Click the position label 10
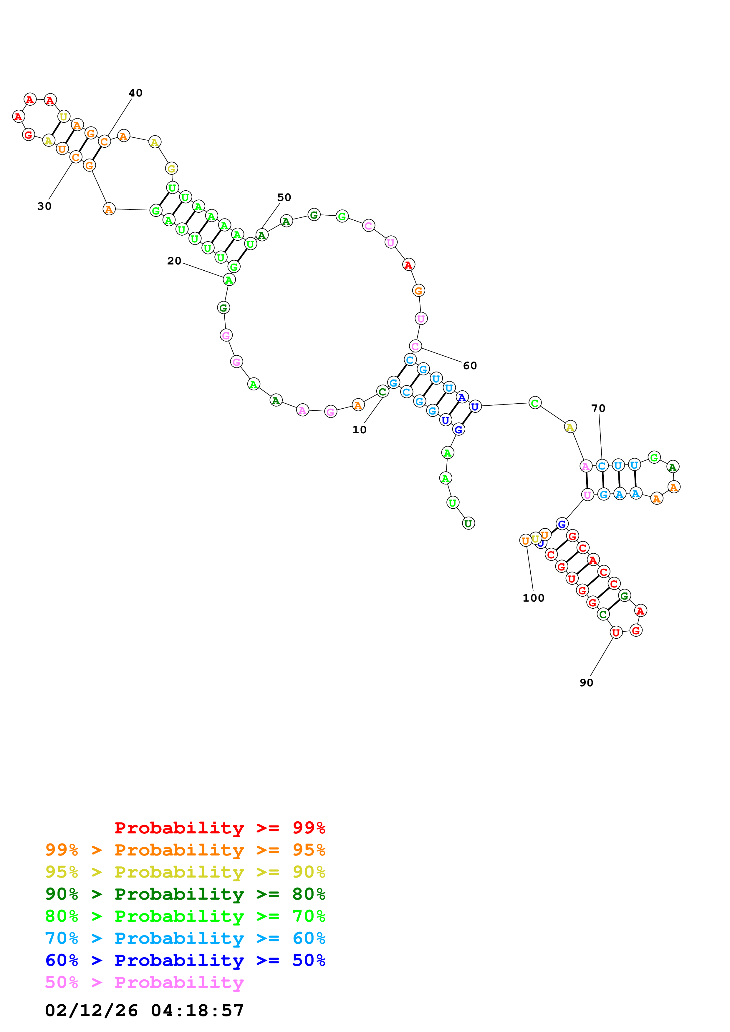coord(359,430)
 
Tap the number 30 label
coord(44,206)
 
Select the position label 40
coord(135,93)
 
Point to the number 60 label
coord(470,366)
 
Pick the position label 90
coord(586,683)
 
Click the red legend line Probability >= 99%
coord(219,828)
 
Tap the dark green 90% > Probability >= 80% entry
coord(185,894)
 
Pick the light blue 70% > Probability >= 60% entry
coord(185,938)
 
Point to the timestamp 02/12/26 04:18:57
coord(144,1011)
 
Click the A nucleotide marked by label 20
coord(229,280)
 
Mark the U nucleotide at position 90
coord(616,632)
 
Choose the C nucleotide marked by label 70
coord(602,466)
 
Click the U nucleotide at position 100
coord(525,540)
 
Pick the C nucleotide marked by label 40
coord(104,142)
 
